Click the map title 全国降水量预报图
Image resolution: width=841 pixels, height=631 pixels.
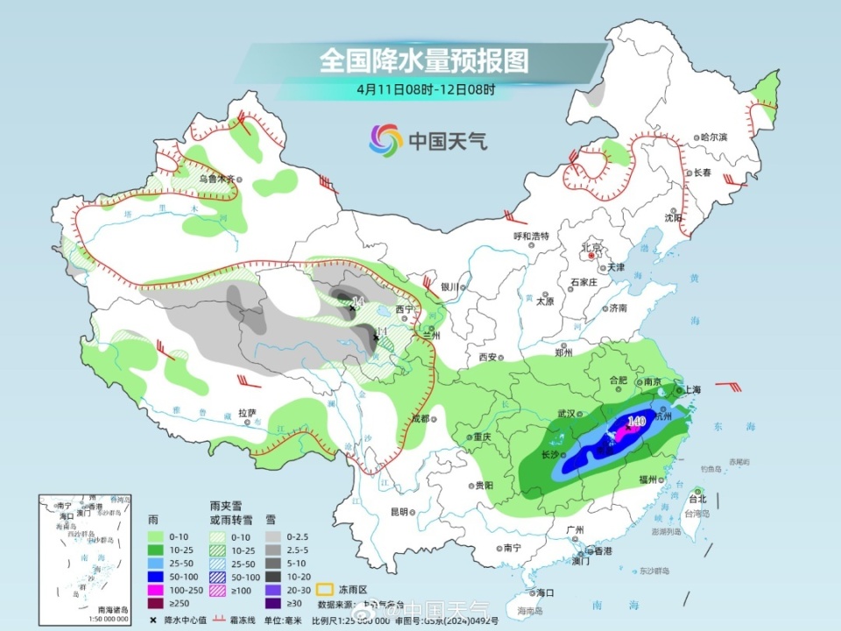coord(425,60)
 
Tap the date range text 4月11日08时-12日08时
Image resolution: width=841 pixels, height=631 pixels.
coord(426,89)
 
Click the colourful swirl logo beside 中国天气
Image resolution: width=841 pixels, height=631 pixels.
coord(385,138)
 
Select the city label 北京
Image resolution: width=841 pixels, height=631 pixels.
coord(593,248)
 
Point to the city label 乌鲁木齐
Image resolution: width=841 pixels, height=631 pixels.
coord(216,178)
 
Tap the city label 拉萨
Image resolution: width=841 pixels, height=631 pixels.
coord(247,413)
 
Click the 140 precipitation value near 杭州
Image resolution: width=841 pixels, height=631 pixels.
coord(636,422)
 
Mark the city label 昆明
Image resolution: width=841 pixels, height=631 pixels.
coord(399,512)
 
